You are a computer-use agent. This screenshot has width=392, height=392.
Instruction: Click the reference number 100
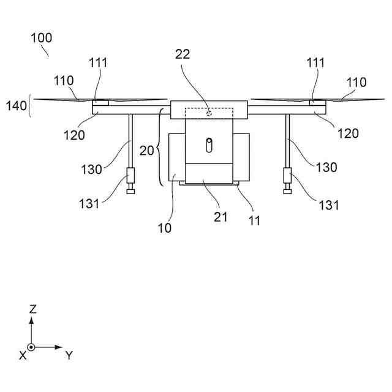pyautogui.click(x=42, y=37)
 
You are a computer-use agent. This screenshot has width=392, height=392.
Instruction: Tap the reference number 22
pyautogui.click(x=182, y=55)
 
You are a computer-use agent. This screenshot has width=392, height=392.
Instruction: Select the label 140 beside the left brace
pyautogui.click(x=17, y=105)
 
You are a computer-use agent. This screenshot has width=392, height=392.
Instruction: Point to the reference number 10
pyautogui.click(x=164, y=228)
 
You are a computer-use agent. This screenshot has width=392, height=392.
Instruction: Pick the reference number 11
pyautogui.click(x=254, y=221)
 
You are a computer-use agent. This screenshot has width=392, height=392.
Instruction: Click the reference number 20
pyautogui.click(x=147, y=151)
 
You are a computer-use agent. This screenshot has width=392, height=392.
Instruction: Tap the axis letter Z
pyautogui.click(x=32, y=309)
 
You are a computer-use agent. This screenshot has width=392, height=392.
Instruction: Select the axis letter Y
pyautogui.click(x=69, y=355)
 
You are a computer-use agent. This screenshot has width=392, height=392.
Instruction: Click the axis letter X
pyautogui.click(x=23, y=355)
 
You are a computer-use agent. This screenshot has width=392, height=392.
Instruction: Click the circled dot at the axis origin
pyautogui.click(x=32, y=347)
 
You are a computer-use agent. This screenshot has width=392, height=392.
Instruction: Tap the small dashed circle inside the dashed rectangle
pyautogui.click(x=209, y=113)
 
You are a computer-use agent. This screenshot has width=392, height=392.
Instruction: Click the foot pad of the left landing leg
pyautogui.click(x=130, y=192)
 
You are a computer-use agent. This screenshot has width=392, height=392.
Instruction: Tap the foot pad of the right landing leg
pyautogui.click(x=287, y=192)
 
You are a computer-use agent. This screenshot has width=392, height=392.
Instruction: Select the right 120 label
pyautogui.click(x=348, y=132)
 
